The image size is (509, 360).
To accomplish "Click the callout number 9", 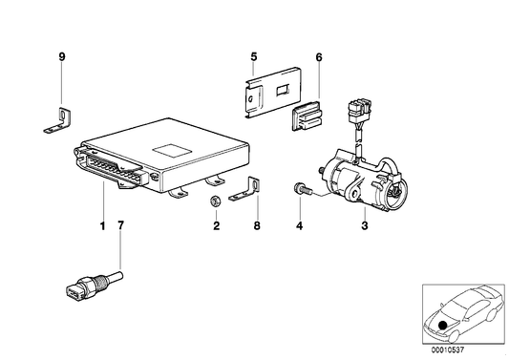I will click(x=61, y=57).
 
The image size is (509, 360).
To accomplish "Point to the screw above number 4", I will click(x=299, y=194).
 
